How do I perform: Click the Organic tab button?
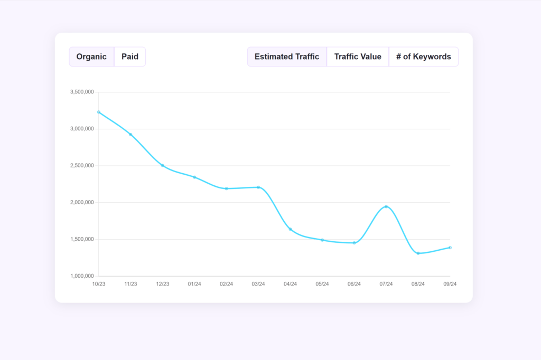pyautogui.click(x=91, y=57)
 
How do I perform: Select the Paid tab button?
pyautogui.click(x=130, y=57)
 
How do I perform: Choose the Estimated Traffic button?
pyautogui.click(x=287, y=57)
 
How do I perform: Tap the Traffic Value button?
pyautogui.click(x=358, y=57)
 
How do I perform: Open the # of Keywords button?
pyautogui.click(x=424, y=57)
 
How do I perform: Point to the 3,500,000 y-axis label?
pyautogui.click(x=82, y=92)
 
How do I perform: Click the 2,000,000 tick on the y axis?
pyautogui.click(x=82, y=203)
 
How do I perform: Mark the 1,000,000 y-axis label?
pyautogui.click(x=82, y=276)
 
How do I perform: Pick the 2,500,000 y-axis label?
pyautogui.click(x=82, y=166)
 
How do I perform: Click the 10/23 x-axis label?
pyautogui.click(x=99, y=284)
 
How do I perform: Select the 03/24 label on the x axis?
pyautogui.click(x=258, y=284)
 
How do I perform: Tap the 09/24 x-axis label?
pyautogui.click(x=450, y=284)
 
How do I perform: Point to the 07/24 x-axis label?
pyautogui.click(x=386, y=284)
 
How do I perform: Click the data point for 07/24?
pyautogui.click(x=386, y=206)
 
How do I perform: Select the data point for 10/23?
pyautogui.click(x=99, y=112)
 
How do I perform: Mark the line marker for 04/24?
pyautogui.click(x=290, y=229)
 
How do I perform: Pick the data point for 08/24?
pyautogui.click(x=418, y=253)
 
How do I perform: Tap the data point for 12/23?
pyautogui.click(x=163, y=165)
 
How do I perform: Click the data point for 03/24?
pyautogui.click(x=258, y=187)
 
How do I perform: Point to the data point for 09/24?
pyautogui.click(x=450, y=248)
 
